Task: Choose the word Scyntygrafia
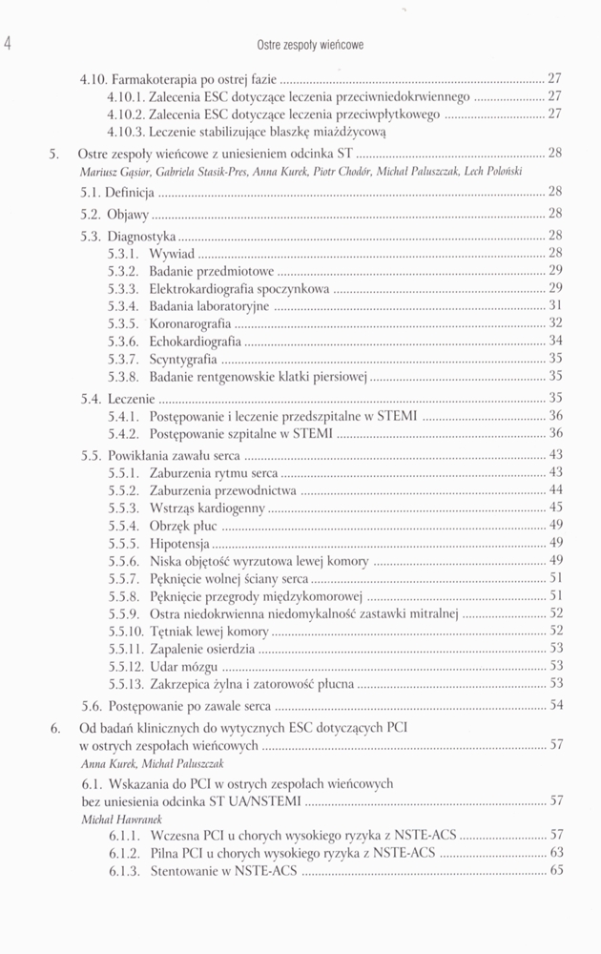[x=182, y=358]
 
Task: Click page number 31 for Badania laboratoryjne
[x=555, y=306]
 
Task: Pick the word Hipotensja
[x=181, y=543]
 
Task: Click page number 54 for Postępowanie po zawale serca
[x=555, y=706]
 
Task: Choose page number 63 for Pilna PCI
[x=555, y=853]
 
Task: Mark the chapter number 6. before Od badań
[x=55, y=730]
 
